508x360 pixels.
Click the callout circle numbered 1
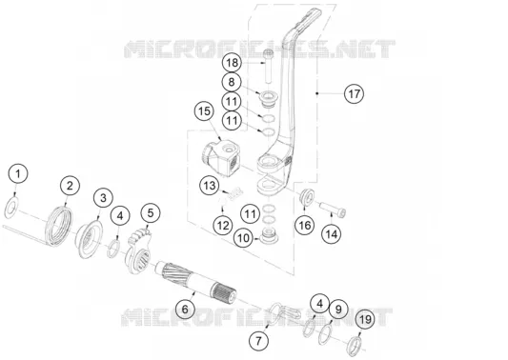[x=18, y=173]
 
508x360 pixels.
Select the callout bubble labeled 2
[x=70, y=186]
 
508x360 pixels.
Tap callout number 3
[x=103, y=197]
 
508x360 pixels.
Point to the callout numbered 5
[x=151, y=213]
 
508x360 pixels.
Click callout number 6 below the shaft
[x=185, y=310]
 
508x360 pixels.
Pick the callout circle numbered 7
[x=258, y=341]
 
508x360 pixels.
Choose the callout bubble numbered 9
[x=338, y=310]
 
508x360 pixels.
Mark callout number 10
[x=244, y=238]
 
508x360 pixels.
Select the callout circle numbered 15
[x=204, y=111]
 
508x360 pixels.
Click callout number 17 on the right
[x=355, y=93]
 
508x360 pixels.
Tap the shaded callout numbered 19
[x=365, y=320]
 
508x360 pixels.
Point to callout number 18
[x=232, y=63]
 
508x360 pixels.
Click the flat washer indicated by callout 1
[x=11, y=208]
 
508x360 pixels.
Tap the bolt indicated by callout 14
[x=333, y=209]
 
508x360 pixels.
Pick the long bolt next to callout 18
[x=268, y=68]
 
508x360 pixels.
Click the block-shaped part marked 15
[x=220, y=157]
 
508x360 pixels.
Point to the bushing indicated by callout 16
[x=307, y=196]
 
